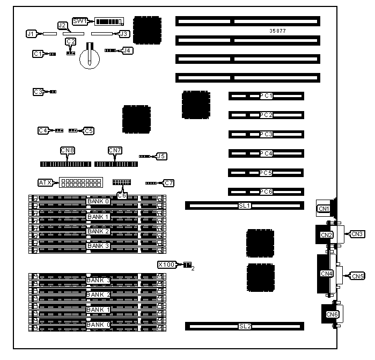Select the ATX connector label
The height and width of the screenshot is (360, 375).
coord(46,182)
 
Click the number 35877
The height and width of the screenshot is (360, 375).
coord(278,31)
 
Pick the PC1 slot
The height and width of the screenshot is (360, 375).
coord(266,96)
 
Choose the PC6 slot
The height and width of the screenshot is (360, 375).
coord(266,192)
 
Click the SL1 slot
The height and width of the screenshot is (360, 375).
coord(245,205)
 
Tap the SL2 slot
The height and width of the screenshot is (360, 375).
coord(245,326)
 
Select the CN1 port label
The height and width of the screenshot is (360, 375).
coord(323,209)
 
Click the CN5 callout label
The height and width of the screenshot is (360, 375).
coord(358,276)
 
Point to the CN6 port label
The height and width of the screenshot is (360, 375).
coord(332,314)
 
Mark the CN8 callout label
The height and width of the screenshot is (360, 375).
coord(68,150)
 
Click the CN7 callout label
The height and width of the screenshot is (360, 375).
coord(115,150)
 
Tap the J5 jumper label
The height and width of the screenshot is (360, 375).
coord(161,157)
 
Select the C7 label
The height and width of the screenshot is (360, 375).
coord(169,183)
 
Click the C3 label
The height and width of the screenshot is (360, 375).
coord(38,92)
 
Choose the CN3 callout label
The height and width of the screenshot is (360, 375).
coord(358,234)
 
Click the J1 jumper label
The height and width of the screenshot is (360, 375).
coord(31,34)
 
